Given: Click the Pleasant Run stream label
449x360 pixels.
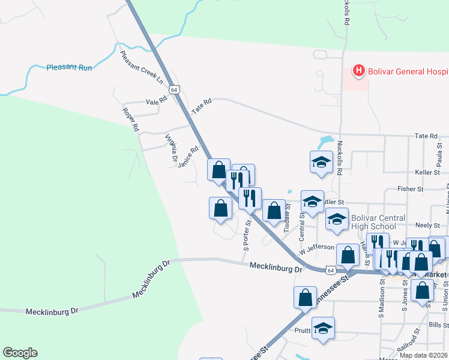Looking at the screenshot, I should pyautogui.click(x=70, y=68).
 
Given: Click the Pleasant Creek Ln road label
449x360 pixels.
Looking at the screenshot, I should pyautogui.click(x=142, y=66).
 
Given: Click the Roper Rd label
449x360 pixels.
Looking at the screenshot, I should pyautogui.click(x=131, y=119).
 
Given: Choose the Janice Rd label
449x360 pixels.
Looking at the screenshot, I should pyautogui.click(x=188, y=157).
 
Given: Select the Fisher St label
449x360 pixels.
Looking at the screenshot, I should pyautogui.click(x=411, y=190).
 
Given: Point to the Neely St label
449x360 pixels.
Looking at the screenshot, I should pyautogui.click(x=427, y=225).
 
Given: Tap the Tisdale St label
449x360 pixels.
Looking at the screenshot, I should pyautogui.click(x=287, y=218).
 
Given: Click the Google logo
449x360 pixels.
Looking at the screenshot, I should pyautogui.click(x=20, y=353).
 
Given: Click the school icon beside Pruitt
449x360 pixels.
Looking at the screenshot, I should pyautogui.click(x=323, y=328).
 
